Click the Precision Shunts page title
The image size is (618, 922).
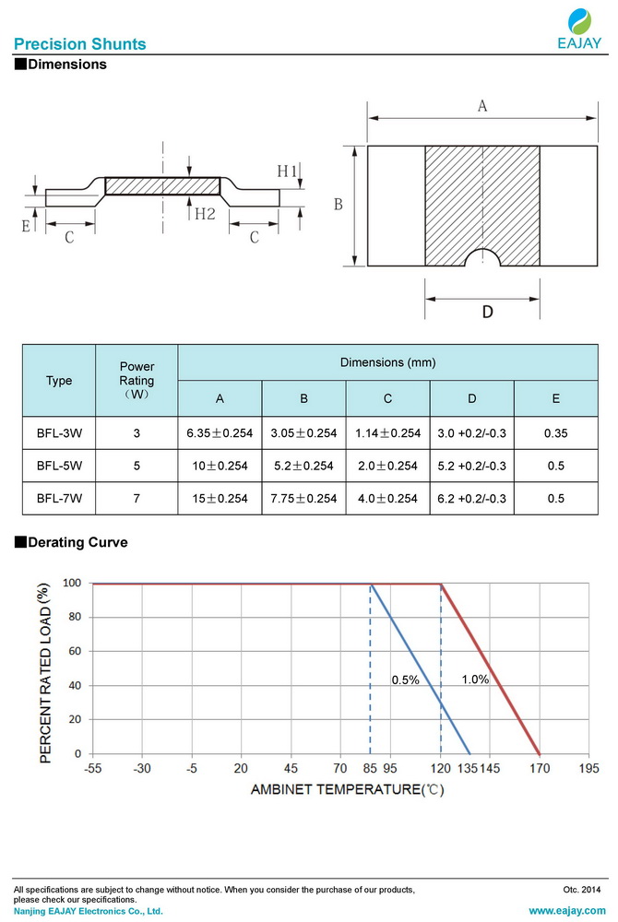pyautogui.click(x=79, y=44)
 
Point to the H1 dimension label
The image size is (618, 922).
pyautogui.click(x=287, y=171)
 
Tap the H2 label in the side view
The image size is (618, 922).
pyautogui.click(x=205, y=214)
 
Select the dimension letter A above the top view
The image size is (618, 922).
pyautogui.click(x=481, y=107)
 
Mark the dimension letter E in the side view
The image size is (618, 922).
pyautogui.click(x=27, y=224)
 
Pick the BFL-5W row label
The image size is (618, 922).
pyautogui.click(x=59, y=467)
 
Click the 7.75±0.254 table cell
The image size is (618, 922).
pyautogui.click(x=303, y=499)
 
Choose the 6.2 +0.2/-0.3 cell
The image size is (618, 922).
pyautogui.click(x=471, y=499)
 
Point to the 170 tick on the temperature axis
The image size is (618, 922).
pyautogui.click(x=540, y=768)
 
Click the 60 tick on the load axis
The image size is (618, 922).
pyautogui.click(x=74, y=651)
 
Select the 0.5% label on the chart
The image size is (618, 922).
pyautogui.click(x=405, y=680)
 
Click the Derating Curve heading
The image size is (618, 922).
pyautogui.click(x=77, y=543)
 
